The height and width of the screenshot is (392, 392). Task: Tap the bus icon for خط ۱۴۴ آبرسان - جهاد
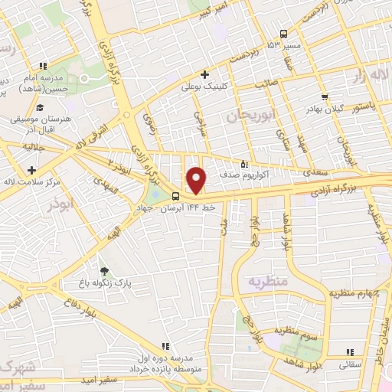(x=176, y=194)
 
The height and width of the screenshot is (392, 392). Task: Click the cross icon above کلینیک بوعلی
(x=204, y=74)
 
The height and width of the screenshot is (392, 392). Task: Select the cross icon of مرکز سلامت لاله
(x=31, y=169)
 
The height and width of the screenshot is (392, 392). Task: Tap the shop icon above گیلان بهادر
(x=326, y=97)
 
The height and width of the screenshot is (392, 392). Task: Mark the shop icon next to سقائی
(x=340, y=354)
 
